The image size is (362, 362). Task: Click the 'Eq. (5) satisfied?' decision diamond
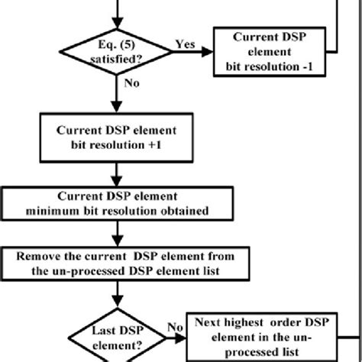(x=119, y=49)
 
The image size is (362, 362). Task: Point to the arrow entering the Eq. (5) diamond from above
(x=119, y=11)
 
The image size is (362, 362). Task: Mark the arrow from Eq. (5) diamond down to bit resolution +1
(x=119, y=95)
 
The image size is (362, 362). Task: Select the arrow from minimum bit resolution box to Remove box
(x=119, y=234)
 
